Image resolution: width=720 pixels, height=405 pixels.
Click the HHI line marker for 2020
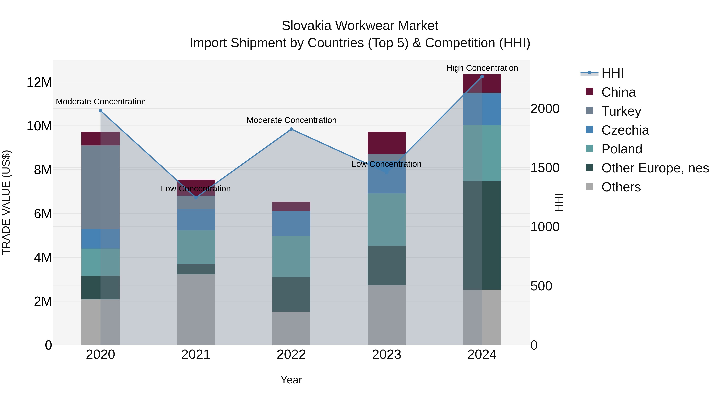coord(101,111)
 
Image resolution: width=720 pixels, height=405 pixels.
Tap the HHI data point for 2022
coord(291,129)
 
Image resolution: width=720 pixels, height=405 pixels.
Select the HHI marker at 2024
coord(482,77)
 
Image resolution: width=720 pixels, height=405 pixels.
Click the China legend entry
coord(618,92)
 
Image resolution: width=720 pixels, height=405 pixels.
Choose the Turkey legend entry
coord(621,111)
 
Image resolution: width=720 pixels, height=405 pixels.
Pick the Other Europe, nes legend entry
coord(655,168)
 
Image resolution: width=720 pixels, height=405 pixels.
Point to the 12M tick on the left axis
coord(39,82)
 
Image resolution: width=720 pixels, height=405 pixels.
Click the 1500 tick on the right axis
coord(545,168)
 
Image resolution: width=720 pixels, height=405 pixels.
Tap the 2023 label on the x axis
coord(387,355)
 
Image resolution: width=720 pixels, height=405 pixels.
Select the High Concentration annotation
coord(482,68)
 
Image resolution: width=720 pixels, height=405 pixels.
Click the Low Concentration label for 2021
coord(196,189)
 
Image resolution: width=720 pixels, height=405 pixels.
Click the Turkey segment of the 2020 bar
coord(101,187)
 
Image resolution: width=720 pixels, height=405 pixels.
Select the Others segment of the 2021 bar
coord(196,309)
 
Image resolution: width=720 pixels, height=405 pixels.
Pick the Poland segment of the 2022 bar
coord(291,256)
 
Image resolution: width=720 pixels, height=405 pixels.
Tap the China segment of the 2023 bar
coord(387,143)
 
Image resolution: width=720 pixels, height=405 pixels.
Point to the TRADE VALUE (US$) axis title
coord(6,202)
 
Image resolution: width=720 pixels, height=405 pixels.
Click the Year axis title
coord(291,380)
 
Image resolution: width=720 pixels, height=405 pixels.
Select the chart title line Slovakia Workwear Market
coord(360,26)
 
